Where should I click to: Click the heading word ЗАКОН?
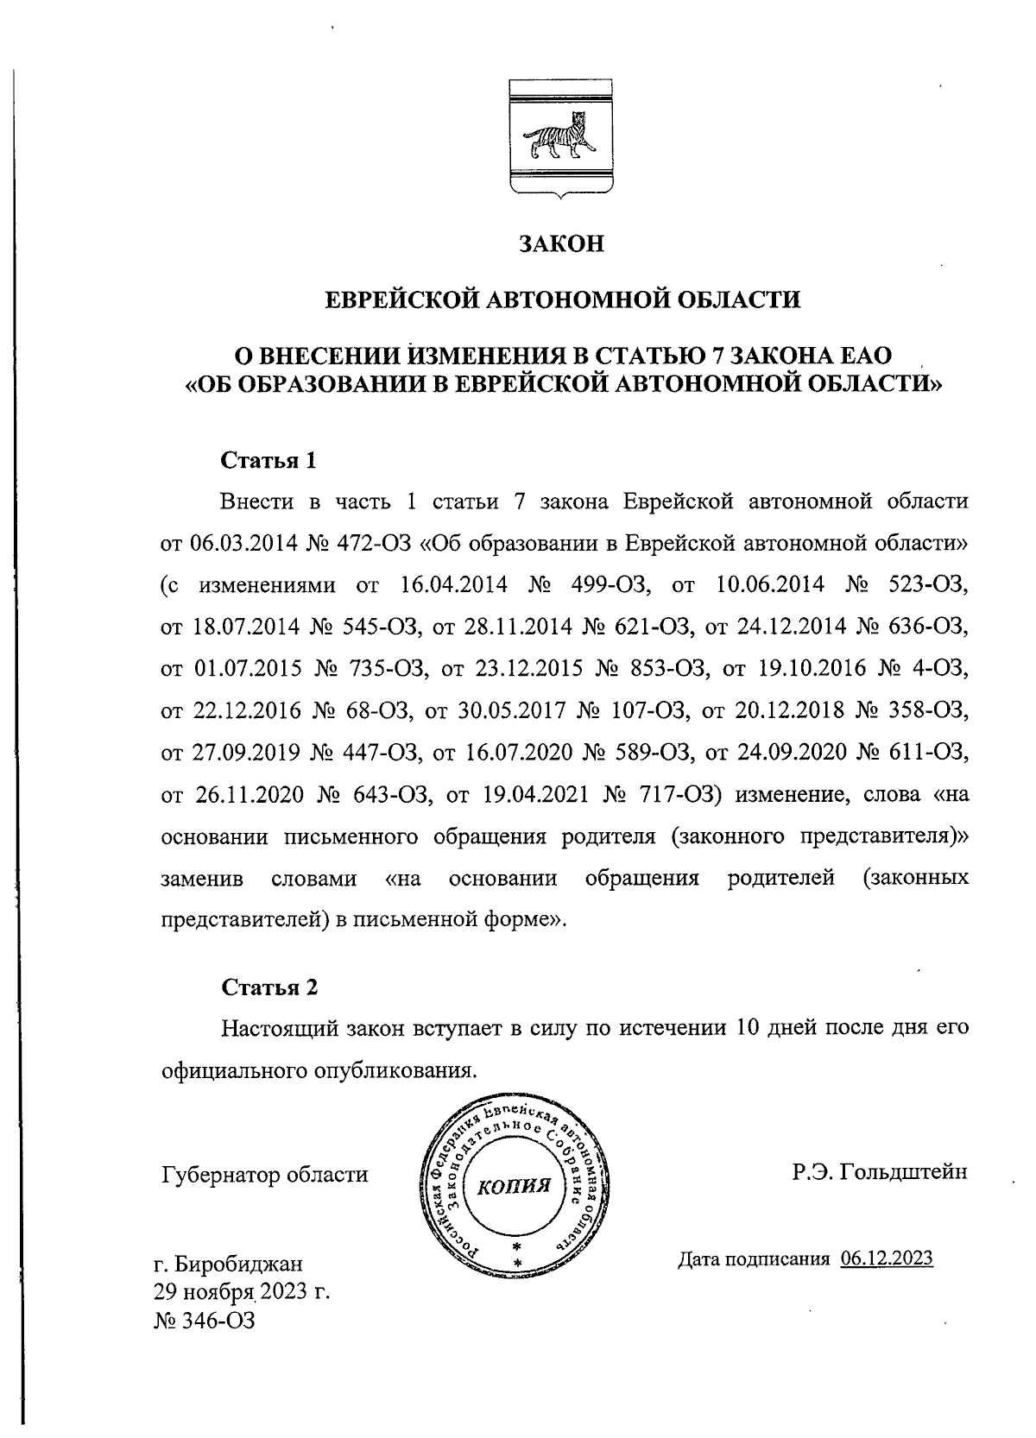(x=561, y=244)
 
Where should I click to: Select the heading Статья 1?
(x=269, y=460)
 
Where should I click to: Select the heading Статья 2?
(x=269, y=987)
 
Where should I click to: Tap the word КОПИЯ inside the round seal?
(x=515, y=1185)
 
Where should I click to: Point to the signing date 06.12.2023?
(x=887, y=1258)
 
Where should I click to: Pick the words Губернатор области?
(x=264, y=1175)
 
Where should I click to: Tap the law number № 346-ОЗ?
(x=204, y=1321)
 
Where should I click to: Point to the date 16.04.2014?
(x=451, y=585)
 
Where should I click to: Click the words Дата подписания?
(x=753, y=1258)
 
